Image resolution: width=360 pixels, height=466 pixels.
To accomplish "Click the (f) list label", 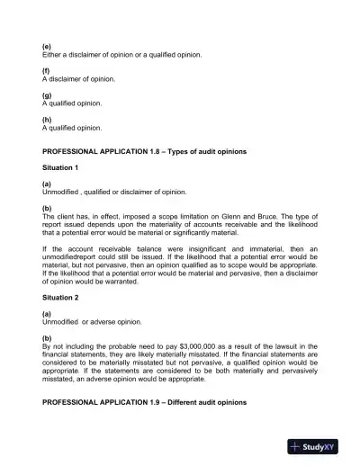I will click(x=46, y=70).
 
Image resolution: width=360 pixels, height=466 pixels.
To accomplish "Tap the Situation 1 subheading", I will click(x=60, y=167).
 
